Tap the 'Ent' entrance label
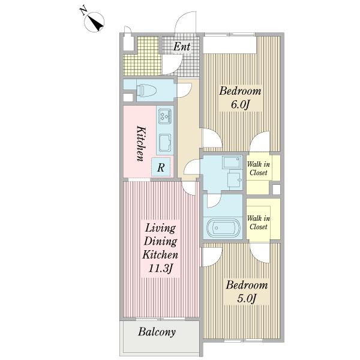[182, 47]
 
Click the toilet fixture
[146, 90]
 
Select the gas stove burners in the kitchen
[165, 115]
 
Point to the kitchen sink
[165, 143]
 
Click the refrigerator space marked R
[161, 167]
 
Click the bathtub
[223, 227]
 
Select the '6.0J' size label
[240, 104]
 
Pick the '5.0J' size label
[247, 298]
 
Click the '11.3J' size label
[160, 268]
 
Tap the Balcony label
[157, 332]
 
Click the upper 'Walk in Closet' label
[258, 168]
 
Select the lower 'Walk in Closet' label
[258, 223]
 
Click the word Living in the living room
[160, 229]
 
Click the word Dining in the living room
[160, 242]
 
